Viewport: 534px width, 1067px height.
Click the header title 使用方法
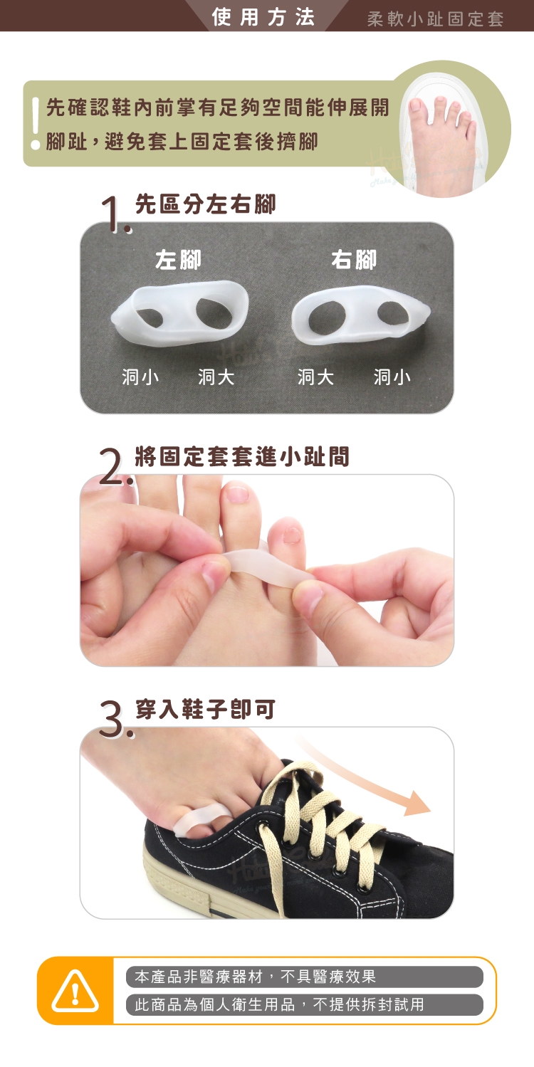[263, 18]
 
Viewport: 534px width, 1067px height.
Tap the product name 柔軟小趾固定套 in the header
[436, 19]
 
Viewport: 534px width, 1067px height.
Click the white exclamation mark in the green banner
[35, 123]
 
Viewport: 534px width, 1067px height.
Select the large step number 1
[115, 215]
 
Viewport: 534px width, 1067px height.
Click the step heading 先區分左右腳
[205, 204]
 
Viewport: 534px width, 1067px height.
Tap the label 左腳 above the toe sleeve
[178, 260]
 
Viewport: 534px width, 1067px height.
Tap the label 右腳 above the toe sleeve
[354, 260]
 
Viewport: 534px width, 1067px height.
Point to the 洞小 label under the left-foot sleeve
[140, 377]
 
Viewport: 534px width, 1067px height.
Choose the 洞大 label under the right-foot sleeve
[315, 377]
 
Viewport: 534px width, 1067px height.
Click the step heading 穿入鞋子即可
[205, 709]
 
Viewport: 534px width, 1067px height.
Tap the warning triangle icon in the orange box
[75, 990]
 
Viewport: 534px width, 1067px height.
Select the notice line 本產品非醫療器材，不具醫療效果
[256, 977]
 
